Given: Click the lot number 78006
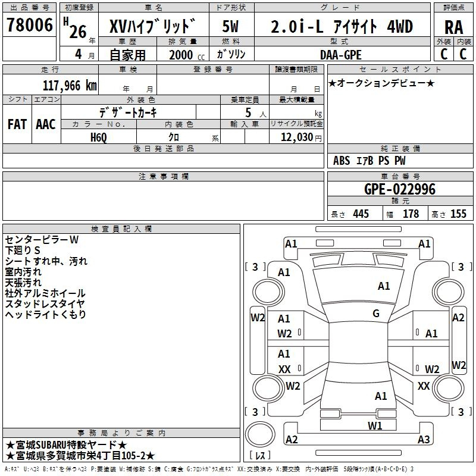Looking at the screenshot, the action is click(30, 25).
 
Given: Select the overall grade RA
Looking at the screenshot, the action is click(453, 27).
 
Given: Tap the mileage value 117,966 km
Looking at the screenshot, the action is click(70, 86).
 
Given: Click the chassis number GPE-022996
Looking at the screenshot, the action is click(399, 189).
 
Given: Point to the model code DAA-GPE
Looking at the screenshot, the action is click(340, 55).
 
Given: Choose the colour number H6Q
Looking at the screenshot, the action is click(99, 137).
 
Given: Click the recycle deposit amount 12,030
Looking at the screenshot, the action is click(296, 137).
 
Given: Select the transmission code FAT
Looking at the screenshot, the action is click(17, 124).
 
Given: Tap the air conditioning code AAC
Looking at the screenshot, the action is click(46, 124).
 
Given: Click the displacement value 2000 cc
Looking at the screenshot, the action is click(187, 55).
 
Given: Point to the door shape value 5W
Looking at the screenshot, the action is click(230, 26).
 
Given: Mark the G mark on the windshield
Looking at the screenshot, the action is click(376, 314).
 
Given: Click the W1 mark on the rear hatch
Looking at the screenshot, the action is click(375, 425).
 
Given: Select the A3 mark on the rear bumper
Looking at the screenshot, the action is click(424, 439).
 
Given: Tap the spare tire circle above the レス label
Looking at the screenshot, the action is click(260, 434).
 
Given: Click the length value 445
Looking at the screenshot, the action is click(361, 214).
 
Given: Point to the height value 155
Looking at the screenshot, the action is click(458, 214).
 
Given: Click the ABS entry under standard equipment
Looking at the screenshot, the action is click(342, 161).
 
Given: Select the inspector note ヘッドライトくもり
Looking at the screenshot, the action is click(46, 315).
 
